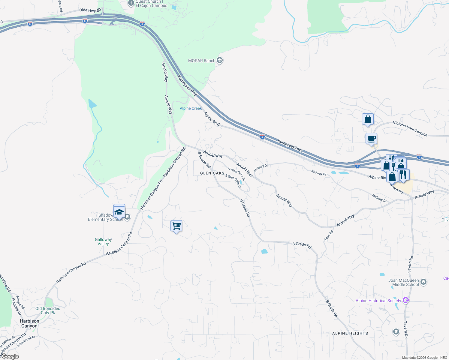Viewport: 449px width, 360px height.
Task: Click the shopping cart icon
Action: (x=176, y=226)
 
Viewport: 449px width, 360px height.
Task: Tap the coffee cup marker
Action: (x=371, y=139)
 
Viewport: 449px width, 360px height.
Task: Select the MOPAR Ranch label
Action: (x=202, y=61)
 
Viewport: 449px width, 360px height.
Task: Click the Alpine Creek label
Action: (x=191, y=108)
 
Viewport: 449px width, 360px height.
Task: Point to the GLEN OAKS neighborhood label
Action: (x=212, y=173)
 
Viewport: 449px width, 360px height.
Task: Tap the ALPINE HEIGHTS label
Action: (x=350, y=333)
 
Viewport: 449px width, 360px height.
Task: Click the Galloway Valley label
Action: (x=103, y=241)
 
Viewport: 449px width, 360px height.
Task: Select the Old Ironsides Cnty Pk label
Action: (x=48, y=310)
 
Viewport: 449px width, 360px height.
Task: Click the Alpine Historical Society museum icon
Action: (x=406, y=300)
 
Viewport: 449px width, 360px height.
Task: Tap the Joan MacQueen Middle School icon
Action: (x=423, y=282)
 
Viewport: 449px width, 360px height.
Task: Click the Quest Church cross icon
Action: (x=131, y=3)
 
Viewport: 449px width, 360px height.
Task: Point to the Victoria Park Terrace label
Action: (x=410, y=129)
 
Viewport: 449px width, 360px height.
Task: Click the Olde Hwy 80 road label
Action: (x=90, y=10)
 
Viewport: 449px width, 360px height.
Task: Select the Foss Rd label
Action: (x=329, y=235)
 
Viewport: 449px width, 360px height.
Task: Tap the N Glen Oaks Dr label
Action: (x=237, y=174)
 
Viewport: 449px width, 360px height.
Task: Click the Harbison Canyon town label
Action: (x=29, y=323)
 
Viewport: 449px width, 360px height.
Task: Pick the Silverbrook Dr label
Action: (x=26, y=341)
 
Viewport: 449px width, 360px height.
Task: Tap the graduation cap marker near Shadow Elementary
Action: (x=119, y=212)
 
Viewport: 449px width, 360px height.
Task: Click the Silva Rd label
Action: (x=60, y=6)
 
